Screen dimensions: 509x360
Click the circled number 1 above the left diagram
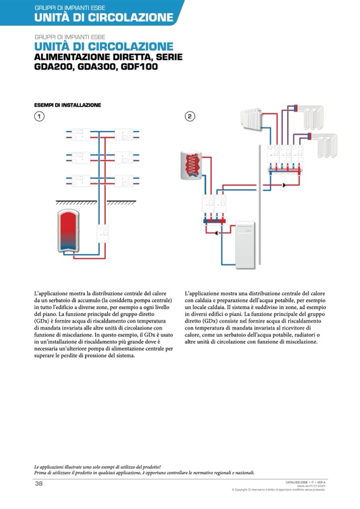(39, 117)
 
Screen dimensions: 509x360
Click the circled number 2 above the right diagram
(190, 117)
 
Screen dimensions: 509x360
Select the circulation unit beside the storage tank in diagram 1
(103, 232)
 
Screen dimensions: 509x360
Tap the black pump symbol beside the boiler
(217, 232)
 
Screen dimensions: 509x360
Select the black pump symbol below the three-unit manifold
(285, 185)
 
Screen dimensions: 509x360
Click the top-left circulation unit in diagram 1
(81, 133)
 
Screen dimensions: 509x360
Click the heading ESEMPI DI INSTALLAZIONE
(67, 105)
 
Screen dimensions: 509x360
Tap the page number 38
(39, 484)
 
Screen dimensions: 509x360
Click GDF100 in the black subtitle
(139, 67)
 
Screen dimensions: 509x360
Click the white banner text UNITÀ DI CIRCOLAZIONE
(104, 18)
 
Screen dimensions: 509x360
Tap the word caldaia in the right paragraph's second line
(211, 300)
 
